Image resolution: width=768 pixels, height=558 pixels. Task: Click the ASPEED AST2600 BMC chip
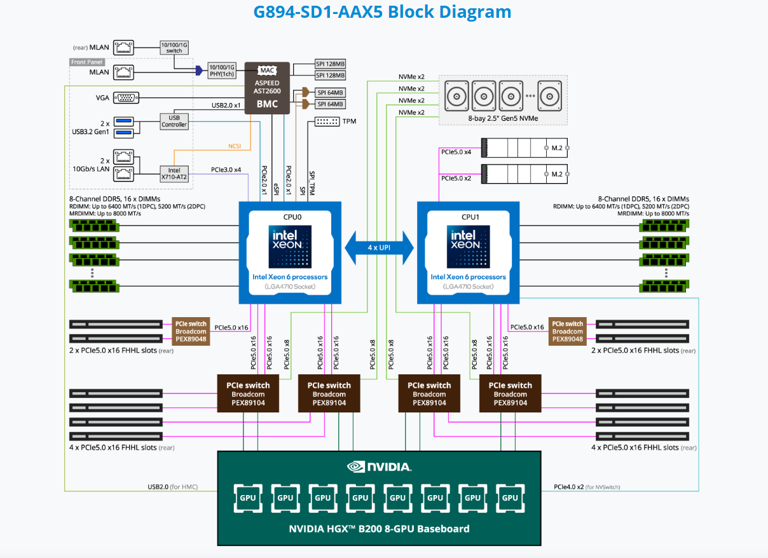coord(267,89)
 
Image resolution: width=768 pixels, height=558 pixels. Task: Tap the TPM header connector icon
coord(327,121)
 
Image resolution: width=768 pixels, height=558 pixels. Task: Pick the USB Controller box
coord(174,121)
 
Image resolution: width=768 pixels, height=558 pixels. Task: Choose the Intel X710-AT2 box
coord(174,174)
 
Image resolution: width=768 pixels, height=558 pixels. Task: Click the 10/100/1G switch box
coord(174,47)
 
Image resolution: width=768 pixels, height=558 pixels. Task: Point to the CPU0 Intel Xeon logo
coord(290,244)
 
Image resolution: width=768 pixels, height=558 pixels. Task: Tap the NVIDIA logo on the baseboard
coord(379,467)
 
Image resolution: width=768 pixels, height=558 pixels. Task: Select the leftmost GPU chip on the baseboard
coord(247,498)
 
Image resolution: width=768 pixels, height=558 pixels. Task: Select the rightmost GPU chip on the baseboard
coord(510,498)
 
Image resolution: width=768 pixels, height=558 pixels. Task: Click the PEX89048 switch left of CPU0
coord(191,331)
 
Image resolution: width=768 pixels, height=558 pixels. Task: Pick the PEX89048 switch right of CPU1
coord(567,331)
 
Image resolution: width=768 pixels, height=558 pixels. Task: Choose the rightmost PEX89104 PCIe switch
coord(510,393)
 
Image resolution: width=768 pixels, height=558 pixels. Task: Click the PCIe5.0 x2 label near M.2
coord(456,178)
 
